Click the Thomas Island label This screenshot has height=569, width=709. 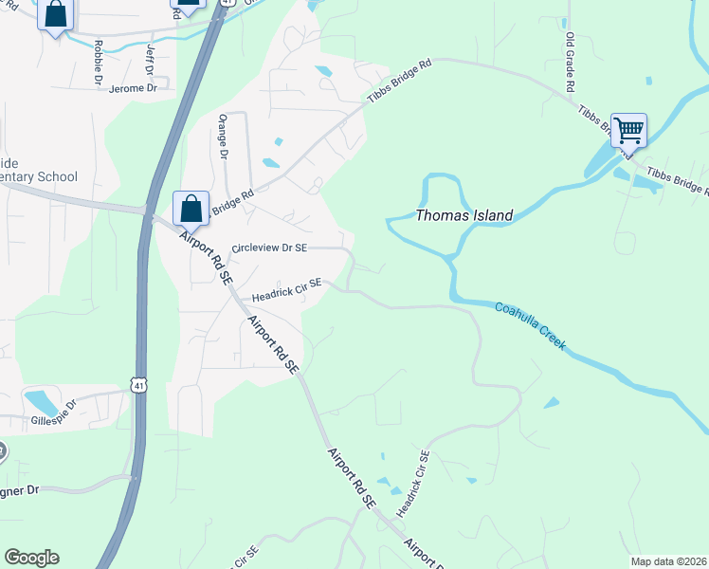464,215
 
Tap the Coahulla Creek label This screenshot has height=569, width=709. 531,325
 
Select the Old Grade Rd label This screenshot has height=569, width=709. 571,62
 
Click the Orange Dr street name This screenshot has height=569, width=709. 224,138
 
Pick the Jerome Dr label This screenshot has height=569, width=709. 133,88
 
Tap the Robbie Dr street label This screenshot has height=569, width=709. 98,64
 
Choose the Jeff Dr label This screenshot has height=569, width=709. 149,59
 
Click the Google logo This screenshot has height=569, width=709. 31,558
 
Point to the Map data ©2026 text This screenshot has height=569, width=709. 667,561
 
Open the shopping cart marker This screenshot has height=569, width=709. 628,130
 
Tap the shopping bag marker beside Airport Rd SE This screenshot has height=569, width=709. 191,208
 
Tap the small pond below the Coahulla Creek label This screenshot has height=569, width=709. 552,403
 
